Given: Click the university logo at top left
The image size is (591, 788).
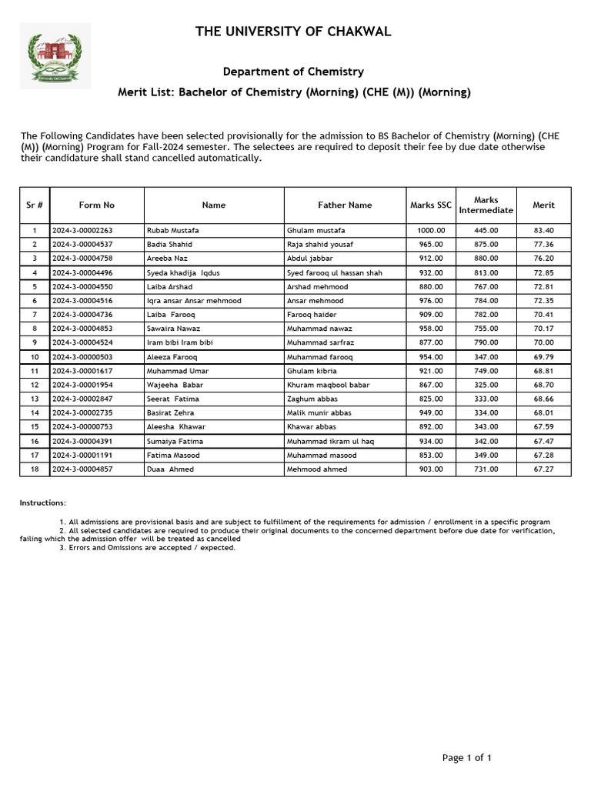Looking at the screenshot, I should click(55, 55).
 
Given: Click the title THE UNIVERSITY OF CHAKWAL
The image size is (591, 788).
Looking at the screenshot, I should click(293, 32).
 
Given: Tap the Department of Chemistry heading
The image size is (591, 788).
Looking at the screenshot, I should click(293, 72).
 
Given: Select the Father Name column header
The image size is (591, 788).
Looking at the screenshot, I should click(345, 205).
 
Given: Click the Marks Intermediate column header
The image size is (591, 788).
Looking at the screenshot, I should click(486, 205).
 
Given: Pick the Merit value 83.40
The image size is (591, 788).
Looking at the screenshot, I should click(543, 231).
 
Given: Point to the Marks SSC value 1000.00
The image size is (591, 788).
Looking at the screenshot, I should click(431, 231).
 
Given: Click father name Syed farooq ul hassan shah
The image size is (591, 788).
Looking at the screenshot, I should click(334, 273).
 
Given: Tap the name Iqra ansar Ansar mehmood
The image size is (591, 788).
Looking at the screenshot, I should click(193, 301).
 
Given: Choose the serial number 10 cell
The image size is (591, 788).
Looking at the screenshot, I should click(35, 357).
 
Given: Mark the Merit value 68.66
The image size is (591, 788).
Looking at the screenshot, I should click(543, 399).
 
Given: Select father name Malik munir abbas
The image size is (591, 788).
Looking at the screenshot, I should click(319, 413).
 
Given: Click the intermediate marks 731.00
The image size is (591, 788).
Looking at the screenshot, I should click(486, 469).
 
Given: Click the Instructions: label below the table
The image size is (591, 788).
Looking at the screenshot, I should click(42, 503).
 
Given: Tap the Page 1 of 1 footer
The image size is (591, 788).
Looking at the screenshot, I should click(466, 758).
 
